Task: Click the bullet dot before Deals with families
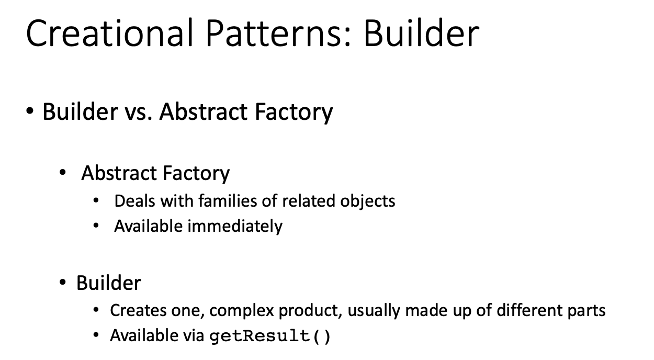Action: pyautogui.click(x=96, y=200)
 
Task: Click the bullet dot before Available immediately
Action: pyautogui.click(x=96, y=226)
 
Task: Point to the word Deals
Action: pyautogui.click(x=135, y=200)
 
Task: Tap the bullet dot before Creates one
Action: pyautogui.click(x=96, y=310)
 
